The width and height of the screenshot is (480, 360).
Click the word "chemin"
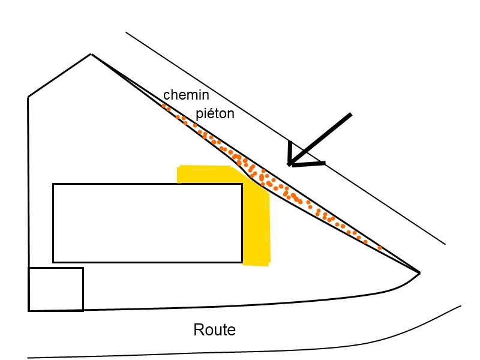(186, 95)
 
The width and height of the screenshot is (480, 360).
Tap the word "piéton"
(215, 113)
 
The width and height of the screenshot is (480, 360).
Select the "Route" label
(214, 329)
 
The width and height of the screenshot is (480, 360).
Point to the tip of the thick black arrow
(290, 164)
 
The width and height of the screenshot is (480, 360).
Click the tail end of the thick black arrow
(350, 114)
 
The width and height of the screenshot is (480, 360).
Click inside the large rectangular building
(147, 223)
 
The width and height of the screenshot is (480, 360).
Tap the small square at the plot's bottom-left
(56, 289)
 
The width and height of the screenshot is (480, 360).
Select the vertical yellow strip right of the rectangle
(256, 228)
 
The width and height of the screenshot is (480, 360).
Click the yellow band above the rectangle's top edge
(204, 175)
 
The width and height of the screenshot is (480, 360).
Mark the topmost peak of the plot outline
(91, 55)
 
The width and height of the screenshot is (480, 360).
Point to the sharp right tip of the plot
(419, 273)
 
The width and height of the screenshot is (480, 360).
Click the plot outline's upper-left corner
(28, 97)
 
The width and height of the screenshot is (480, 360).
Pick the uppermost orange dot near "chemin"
(163, 106)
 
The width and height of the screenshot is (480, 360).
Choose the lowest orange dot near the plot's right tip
(380, 247)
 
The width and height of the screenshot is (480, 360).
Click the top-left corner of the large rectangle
(53, 184)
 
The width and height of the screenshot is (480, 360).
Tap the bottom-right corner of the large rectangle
(242, 262)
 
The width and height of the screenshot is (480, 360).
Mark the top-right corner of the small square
(83, 268)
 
